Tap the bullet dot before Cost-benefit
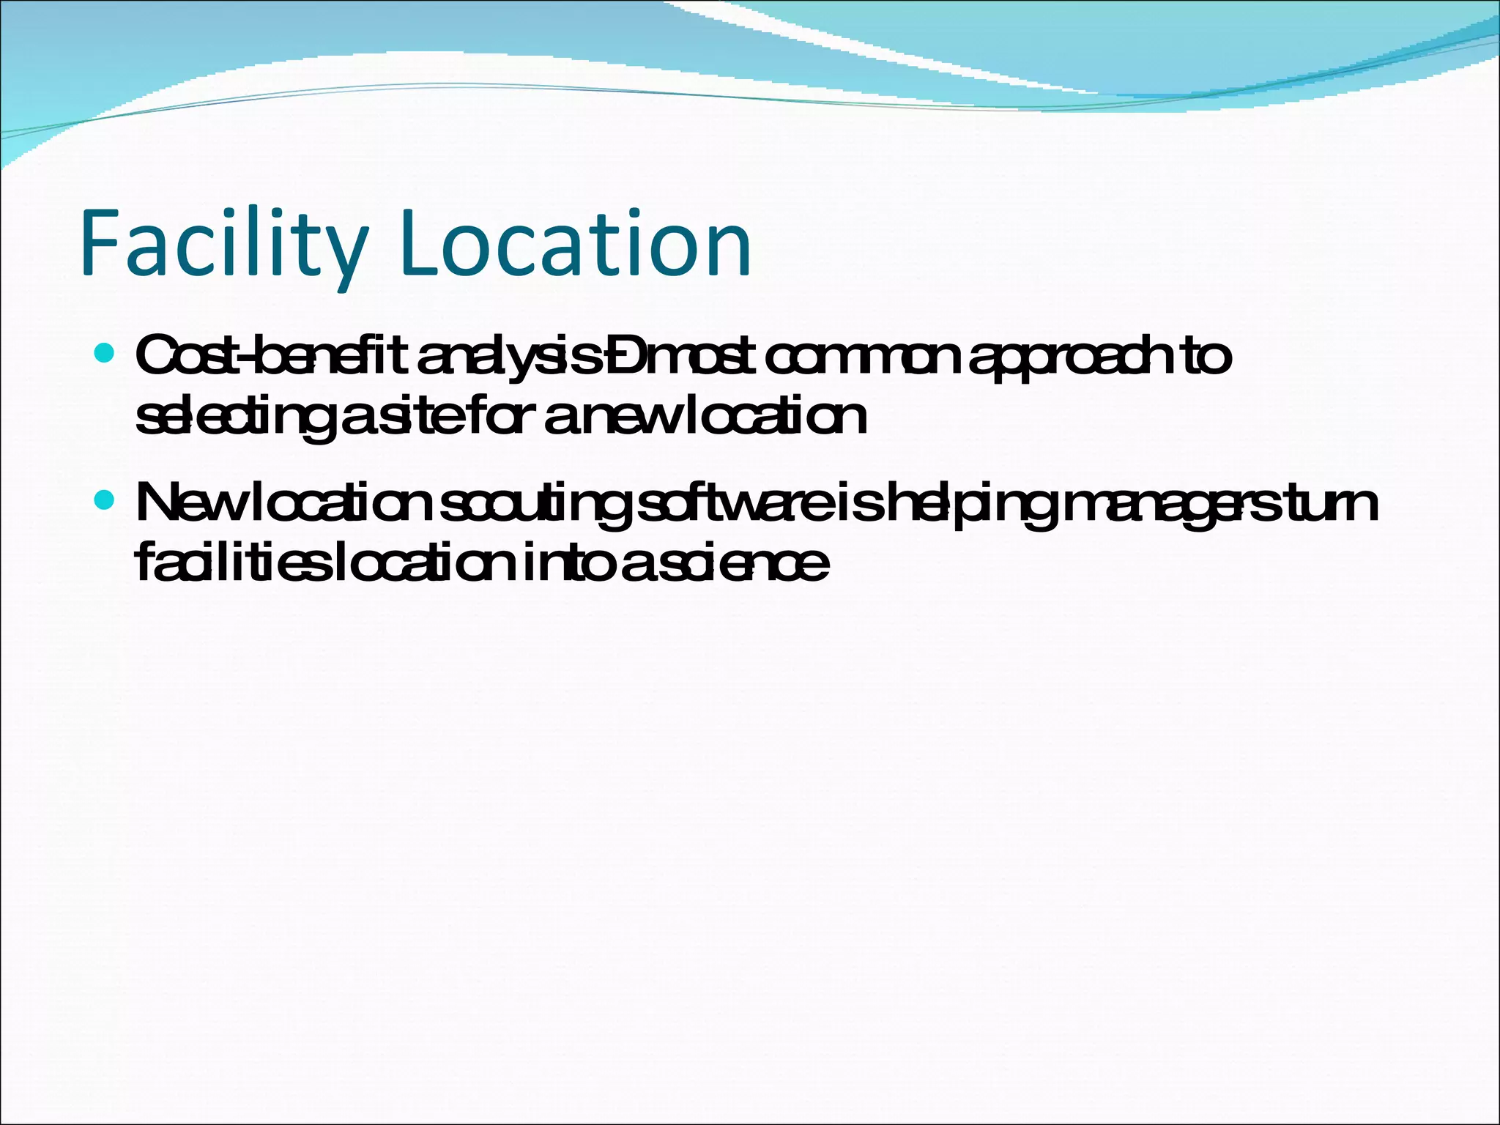[x=105, y=354]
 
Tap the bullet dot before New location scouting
[x=105, y=500]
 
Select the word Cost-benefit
[x=271, y=357]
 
